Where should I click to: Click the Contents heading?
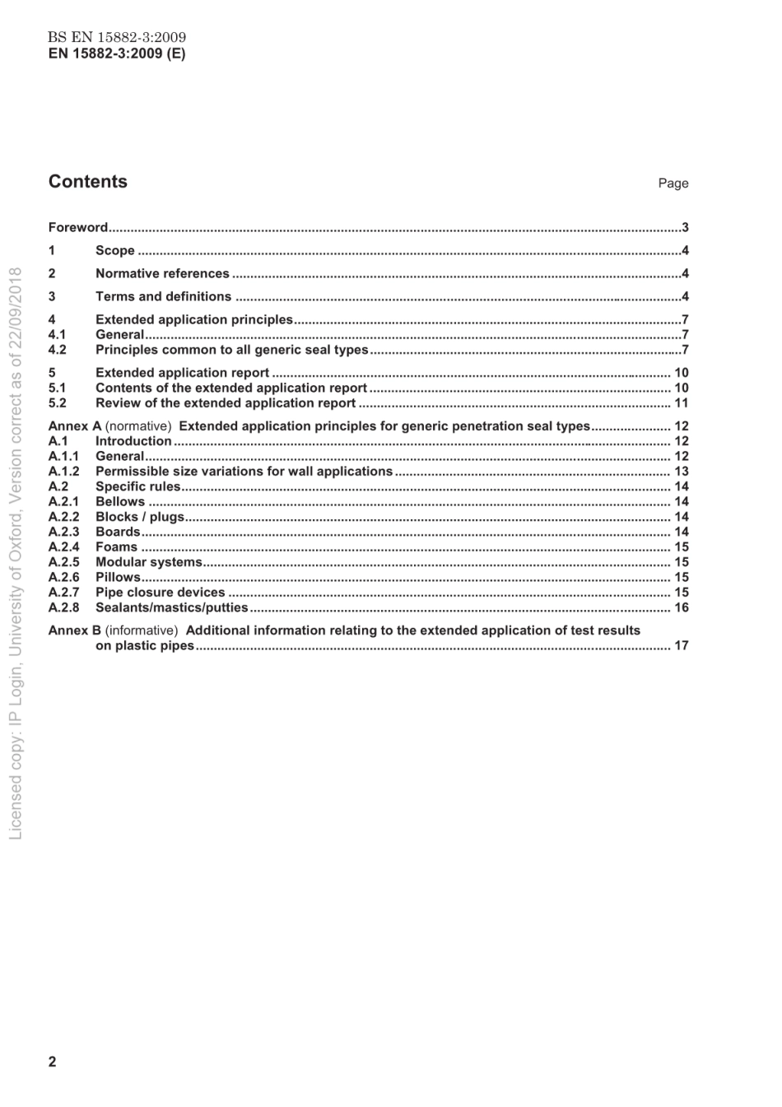(88, 182)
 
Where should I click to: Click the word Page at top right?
(673, 184)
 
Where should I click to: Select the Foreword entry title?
(78, 227)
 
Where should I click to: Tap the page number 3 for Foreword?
(685, 228)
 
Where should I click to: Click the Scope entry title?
(114, 250)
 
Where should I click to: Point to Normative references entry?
(162, 273)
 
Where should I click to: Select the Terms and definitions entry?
(163, 296)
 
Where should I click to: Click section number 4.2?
(58, 350)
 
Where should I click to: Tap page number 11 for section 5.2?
(681, 403)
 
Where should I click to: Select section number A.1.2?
(63, 472)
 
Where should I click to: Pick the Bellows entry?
(120, 501)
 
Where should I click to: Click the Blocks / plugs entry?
(140, 517)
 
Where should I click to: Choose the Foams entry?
(116, 547)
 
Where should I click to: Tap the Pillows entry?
(118, 577)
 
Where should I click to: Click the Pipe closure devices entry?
(160, 592)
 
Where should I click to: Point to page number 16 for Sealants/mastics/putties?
(681, 607)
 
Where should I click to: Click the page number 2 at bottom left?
(53, 1061)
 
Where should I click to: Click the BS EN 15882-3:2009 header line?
(116, 37)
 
